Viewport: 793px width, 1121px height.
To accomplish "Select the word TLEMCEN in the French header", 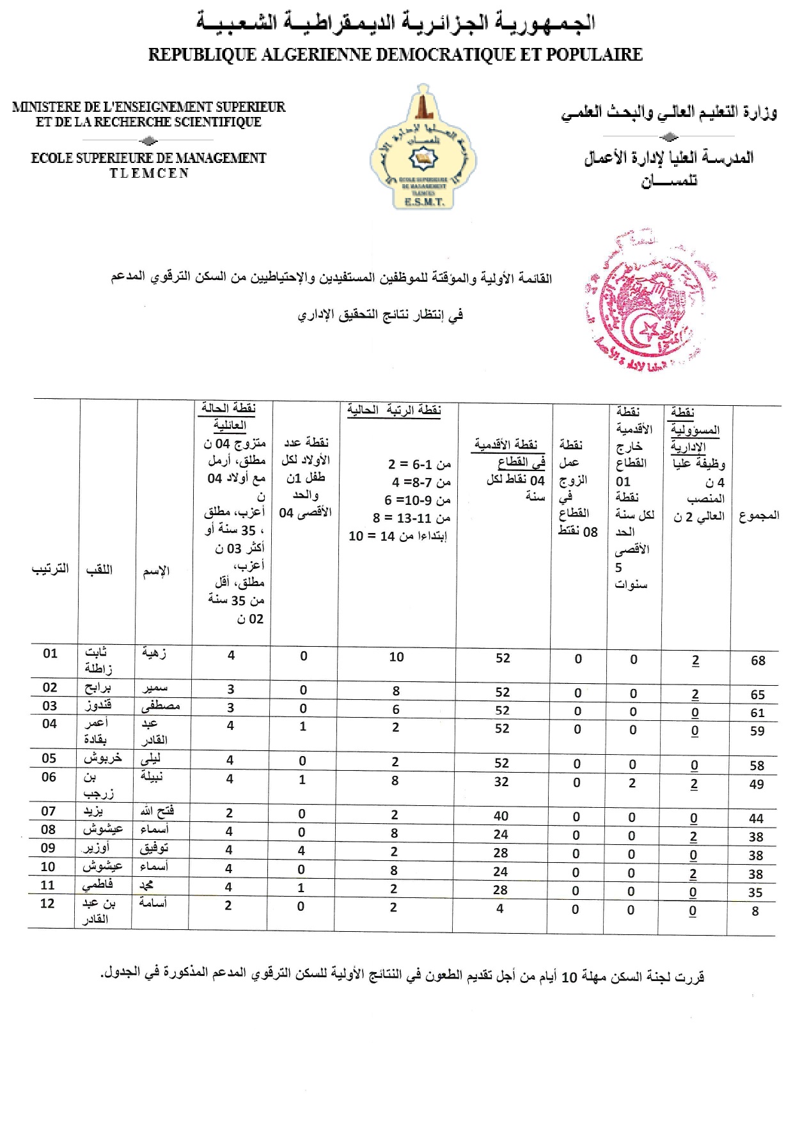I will [149, 173].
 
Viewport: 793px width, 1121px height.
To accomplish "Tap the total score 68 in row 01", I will [758, 660].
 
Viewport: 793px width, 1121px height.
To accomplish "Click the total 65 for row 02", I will [758, 694].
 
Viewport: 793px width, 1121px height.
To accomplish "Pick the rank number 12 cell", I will [47, 903].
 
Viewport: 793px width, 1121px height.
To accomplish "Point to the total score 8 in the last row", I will [755, 911].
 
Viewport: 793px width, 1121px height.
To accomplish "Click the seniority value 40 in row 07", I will [501, 816].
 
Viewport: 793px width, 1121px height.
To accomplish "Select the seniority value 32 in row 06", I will [501, 781].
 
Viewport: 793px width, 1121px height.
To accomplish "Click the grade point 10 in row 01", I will [396, 657].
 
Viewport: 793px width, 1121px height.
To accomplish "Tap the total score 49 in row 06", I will [757, 784].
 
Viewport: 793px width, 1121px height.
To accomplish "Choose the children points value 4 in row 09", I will [301, 851].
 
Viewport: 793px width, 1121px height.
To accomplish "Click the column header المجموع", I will [759, 516].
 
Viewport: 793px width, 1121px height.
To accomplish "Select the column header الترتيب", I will [51, 569].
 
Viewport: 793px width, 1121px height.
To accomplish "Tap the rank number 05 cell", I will [49, 758].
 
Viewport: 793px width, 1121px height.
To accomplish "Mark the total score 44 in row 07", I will [757, 818].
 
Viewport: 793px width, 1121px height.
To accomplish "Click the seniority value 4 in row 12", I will [499, 908].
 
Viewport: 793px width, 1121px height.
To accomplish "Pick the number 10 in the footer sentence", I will [569, 977].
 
